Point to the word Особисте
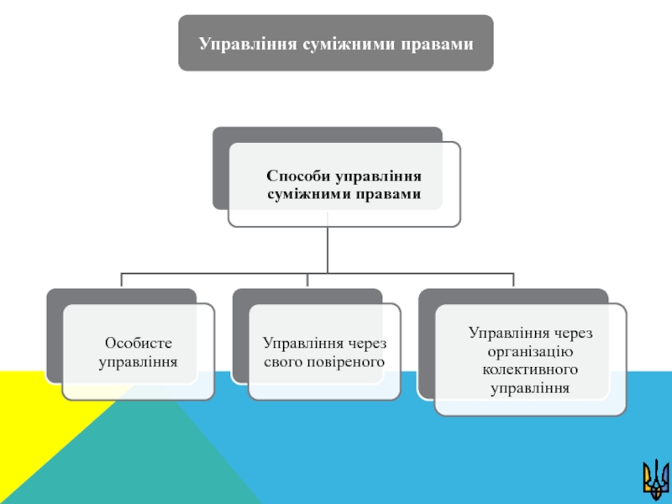[138, 344]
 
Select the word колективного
[529, 370]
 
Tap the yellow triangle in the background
[34, 428]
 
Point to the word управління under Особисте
[138, 362]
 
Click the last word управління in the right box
[529, 388]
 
